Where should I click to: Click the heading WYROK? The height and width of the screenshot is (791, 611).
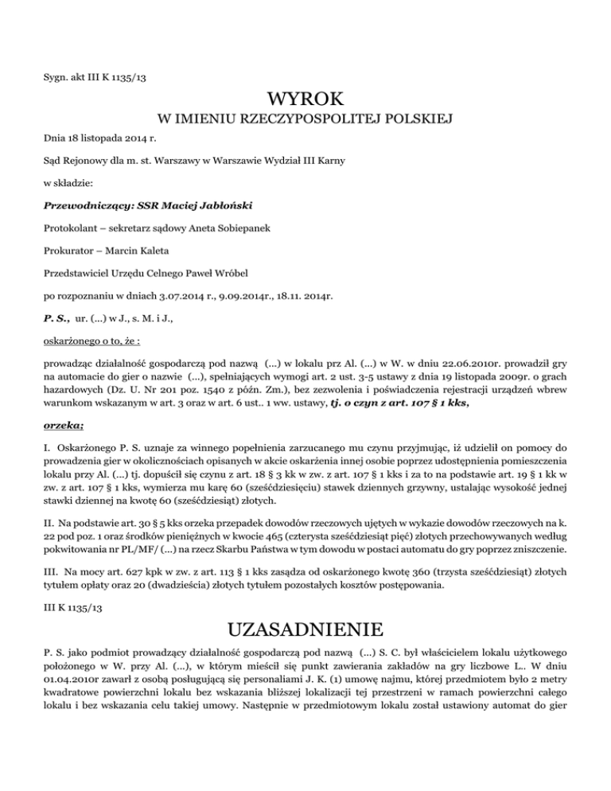[305, 100]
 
